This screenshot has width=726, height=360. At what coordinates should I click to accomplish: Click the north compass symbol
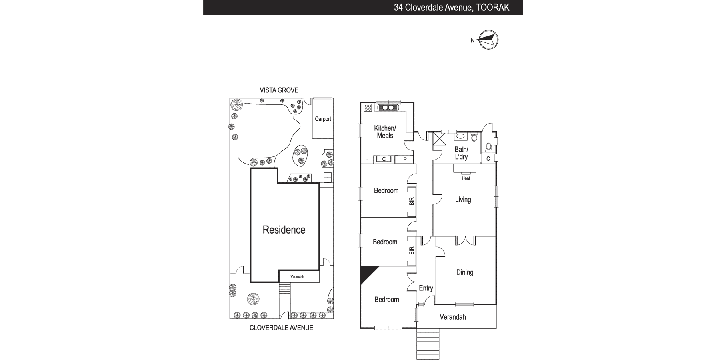[x=488, y=40]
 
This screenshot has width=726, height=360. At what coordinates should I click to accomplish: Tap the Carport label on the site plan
[x=323, y=119]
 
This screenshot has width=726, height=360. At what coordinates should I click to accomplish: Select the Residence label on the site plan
[x=284, y=230]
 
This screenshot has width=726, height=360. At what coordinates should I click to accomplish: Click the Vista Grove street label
[x=279, y=90]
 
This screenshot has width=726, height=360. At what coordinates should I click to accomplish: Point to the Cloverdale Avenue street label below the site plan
[x=281, y=328]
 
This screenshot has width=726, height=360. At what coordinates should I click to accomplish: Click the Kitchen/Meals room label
[x=385, y=132]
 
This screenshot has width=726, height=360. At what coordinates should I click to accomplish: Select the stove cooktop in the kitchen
[x=368, y=107]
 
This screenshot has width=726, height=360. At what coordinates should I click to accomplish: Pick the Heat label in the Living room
[x=466, y=178]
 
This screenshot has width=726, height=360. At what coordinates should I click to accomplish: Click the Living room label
[x=463, y=200]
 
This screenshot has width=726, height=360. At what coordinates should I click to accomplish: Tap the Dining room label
[x=465, y=272]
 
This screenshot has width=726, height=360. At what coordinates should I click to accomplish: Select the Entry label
[x=426, y=288]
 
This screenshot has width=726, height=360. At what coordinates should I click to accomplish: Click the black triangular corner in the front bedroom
[x=366, y=273]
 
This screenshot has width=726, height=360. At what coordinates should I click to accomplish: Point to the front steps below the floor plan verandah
[x=428, y=344]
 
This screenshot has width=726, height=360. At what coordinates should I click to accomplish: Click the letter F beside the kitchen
[x=367, y=160]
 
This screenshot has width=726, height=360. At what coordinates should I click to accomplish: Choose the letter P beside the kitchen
[x=405, y=160]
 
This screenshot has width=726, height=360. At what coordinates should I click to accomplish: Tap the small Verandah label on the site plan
[x=297, y=277]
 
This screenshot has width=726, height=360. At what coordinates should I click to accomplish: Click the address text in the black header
[x=452, y=7]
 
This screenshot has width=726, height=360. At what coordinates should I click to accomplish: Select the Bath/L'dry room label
[x=461, y=153]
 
